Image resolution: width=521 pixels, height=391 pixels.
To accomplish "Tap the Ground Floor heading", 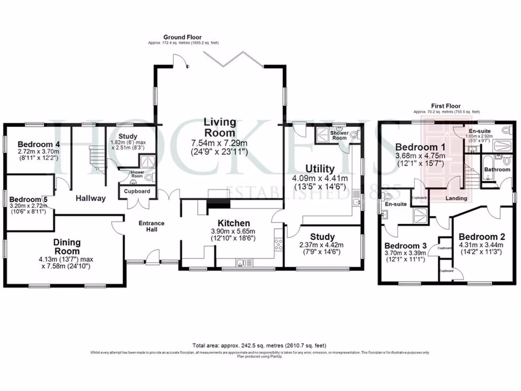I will click(182, 37).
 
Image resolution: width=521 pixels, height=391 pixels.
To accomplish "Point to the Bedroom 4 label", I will click(39, 144).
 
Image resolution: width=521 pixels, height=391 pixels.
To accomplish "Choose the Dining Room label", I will click(67, 247).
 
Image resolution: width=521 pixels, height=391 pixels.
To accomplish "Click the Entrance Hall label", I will click(152, 226).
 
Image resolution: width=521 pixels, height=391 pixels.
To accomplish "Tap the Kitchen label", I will click(234, 223).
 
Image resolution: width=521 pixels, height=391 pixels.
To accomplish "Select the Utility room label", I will click(320, 169).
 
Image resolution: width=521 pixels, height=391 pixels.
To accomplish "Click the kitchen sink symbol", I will click(242, 263).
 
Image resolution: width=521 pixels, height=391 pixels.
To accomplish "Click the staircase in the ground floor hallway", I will click(95, 158).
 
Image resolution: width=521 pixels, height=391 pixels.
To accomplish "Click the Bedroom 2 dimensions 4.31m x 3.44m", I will click(481, 245).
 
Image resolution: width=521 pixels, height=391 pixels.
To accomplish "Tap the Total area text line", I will click(259, 345).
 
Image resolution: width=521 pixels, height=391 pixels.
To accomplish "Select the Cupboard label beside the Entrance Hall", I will click(137, 191).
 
